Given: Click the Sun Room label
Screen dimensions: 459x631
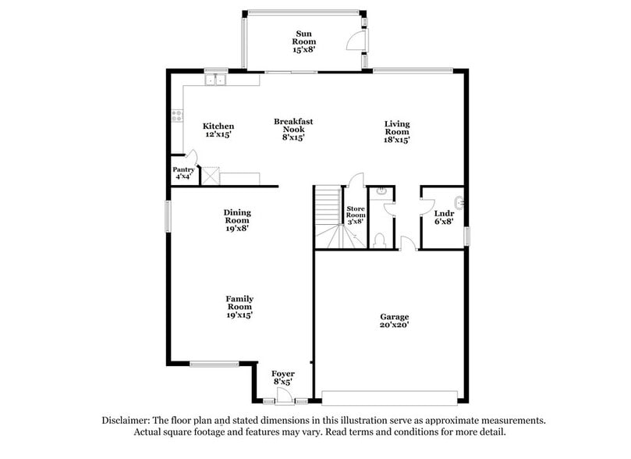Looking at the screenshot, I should point(303,41).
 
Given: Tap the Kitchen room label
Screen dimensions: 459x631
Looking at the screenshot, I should point(218,130).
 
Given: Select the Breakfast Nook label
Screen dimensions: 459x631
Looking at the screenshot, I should point(293,129).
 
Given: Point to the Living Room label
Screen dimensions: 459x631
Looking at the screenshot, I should point(397,131).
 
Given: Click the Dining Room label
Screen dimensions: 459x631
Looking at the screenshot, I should point(238,220).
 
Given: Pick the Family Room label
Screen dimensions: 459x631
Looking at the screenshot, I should point(239,306).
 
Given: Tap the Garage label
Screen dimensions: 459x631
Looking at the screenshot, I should point(395,321).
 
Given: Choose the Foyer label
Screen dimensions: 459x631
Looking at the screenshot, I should point(283,378).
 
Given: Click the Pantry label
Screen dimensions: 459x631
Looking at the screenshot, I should point(183,173).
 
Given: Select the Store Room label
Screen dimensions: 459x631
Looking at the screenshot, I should point(356,215).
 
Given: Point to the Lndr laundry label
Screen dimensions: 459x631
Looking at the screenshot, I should point(444,216).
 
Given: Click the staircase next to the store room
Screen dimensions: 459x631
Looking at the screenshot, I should point(328,215).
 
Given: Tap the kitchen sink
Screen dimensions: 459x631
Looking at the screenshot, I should point(214,79).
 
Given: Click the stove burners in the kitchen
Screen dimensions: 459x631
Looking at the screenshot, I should point(177,115).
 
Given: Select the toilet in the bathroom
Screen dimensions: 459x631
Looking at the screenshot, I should point(380,240).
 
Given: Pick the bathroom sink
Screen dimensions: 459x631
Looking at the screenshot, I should point(382,191).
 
